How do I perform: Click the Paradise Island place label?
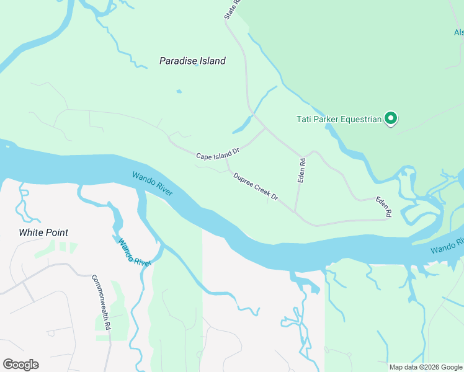click(192, 61)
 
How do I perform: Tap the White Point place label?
click(43, 232)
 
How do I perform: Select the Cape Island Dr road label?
click(218, 154)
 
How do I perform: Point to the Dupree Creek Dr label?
click(256, 186)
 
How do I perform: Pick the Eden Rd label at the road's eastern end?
click(383, 206)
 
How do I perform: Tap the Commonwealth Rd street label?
click(100, 302)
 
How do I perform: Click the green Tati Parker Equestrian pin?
click(390, 118)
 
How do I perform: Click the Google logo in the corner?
click(20, 365)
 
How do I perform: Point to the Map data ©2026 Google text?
click(426, 367)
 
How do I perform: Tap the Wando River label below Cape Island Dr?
click(152, 184)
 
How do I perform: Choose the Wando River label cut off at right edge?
click(447, 246)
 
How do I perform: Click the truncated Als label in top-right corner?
click(458, 32)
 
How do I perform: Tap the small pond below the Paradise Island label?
click(179, 92)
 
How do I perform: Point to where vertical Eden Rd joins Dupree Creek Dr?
click(296, 211)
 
